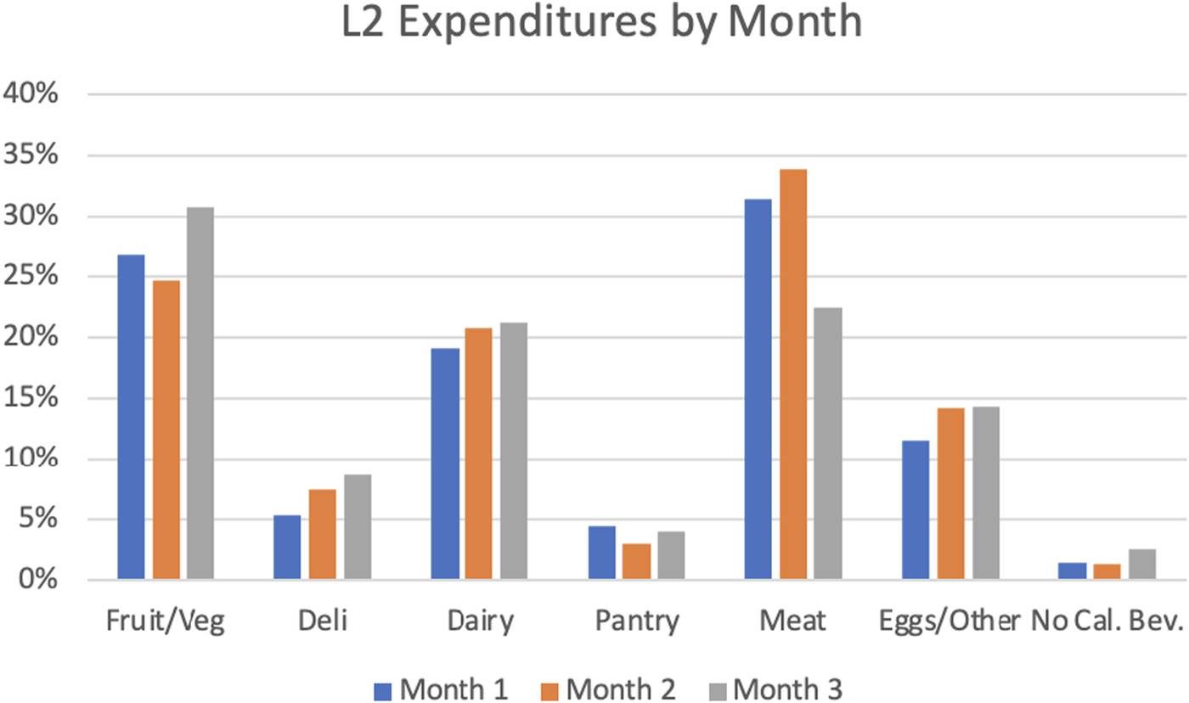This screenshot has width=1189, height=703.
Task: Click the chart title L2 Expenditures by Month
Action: click(x=601, y=25)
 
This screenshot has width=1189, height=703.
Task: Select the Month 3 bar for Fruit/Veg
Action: click(x=200, y=394)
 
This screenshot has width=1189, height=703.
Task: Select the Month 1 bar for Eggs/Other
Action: click(x=916, y=510)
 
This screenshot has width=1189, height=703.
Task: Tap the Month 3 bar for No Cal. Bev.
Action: click(x=1142, y=565)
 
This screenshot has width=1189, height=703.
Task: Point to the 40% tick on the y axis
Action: click(x=31, y=94)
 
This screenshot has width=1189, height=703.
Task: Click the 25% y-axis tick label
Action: click(x=31, y=277)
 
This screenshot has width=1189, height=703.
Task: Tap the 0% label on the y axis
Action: click(x=38, y=581)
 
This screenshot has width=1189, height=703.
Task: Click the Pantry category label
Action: click(x=636, y=622)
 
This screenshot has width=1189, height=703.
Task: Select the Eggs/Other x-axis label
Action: click(x=950, y=622)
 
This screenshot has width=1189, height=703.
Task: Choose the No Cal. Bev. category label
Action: click(x=1107, y=622)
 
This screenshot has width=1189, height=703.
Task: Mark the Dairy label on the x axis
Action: click(x=480, y=622)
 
